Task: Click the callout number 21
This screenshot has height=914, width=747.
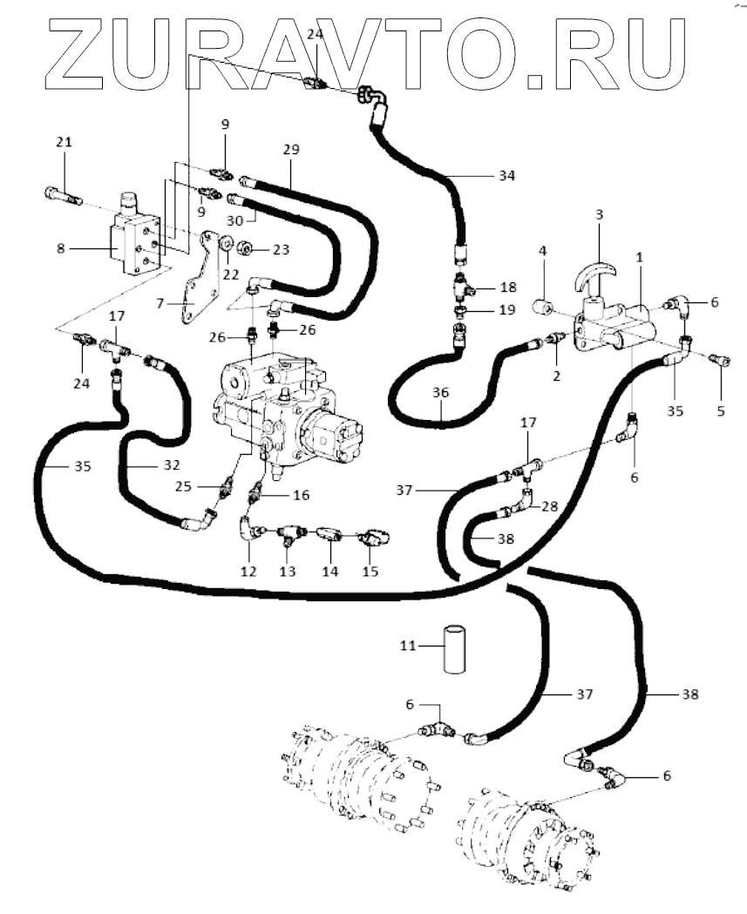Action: coord(65,142)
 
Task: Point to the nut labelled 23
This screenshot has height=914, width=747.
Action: coord(246,250)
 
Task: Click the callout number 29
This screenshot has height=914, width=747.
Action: coord(291,150)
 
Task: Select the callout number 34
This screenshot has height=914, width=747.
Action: coord(506,175)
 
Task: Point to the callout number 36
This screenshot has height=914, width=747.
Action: coord(441,393)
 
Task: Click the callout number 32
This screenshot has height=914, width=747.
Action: coord(172,465)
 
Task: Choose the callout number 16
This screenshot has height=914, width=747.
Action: coord(301,496)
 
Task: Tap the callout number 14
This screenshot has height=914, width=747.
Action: coord(329,572)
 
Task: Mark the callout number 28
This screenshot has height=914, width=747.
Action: coord(549,506)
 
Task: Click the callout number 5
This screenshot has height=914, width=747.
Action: coord(721,411)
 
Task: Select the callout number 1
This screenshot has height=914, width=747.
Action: coord(639,256)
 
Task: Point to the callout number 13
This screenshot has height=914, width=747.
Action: coord(287,572)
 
